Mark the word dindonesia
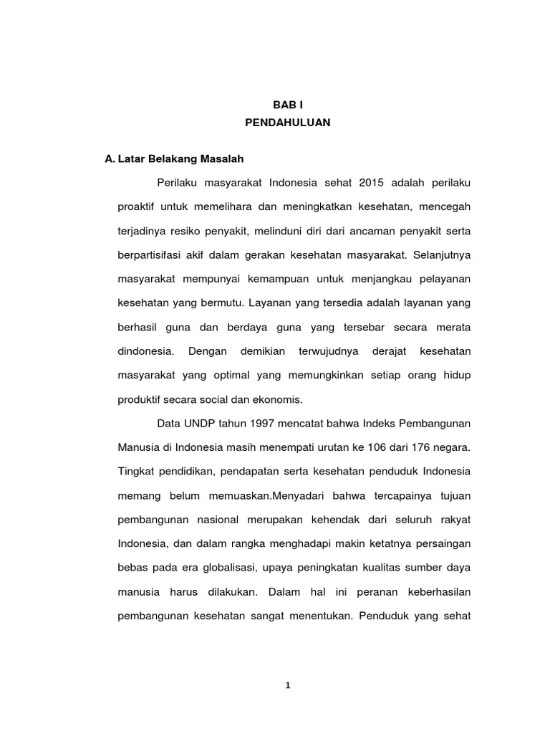pyautogui.click(x=145, y=351)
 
